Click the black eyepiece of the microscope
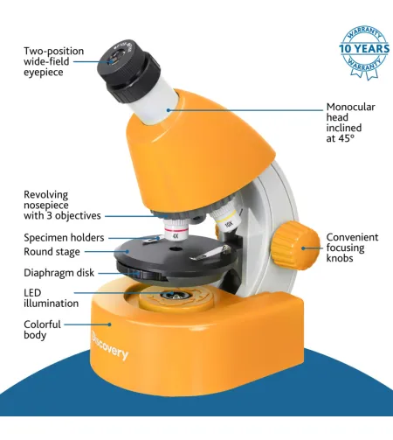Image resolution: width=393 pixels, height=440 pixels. click(x=128, y=71)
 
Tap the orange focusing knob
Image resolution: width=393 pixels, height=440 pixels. click(x=295, y=245)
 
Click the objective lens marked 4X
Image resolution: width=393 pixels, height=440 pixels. click(x=176, y=230)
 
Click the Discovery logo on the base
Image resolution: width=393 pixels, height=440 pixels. click(x=109, y=346)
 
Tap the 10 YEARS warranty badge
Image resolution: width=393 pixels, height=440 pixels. click(x=364, y=52)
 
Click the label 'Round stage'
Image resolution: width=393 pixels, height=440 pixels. click(x=52, y=252)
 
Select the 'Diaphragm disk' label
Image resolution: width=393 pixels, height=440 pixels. click(x=59, y=273)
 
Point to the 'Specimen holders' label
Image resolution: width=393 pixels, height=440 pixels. click(x=64, y=238)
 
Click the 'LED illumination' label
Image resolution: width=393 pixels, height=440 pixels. click(x=51, y=298)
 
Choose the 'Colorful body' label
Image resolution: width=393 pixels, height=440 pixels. click(x=42, y=330)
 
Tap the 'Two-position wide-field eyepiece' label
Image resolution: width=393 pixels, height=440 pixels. click(x=53, y=61)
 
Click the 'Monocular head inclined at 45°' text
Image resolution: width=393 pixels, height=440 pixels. click(x=350, y=122)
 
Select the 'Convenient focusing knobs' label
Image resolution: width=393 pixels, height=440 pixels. click(x=352, y=248)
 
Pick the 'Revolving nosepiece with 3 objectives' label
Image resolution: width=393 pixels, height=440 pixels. click(x=62, y=206)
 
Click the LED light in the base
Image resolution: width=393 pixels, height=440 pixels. click(x=176, y=296)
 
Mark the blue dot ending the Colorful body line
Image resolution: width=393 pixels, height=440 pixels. click(x=110, y=325)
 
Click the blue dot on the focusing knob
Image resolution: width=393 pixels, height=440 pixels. click(x=303, y=248)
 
